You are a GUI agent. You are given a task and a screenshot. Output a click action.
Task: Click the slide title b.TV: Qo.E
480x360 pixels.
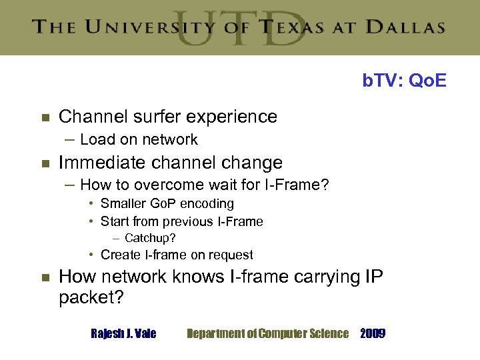coord(404,81)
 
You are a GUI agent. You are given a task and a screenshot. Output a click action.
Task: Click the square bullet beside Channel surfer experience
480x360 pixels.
coord(45,117)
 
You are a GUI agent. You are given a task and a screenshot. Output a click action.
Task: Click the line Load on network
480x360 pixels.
coord(139,139)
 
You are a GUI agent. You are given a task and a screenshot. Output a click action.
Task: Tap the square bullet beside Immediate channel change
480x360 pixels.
coord(45,163)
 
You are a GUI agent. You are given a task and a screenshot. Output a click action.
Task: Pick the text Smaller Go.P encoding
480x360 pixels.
coord(167,203)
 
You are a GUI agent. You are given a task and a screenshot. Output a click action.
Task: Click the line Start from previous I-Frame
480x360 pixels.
coord(181,221)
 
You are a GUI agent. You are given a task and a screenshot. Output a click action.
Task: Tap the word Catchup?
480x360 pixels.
coord(149,238)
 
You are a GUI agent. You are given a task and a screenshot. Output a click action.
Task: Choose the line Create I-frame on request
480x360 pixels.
coord(176,255)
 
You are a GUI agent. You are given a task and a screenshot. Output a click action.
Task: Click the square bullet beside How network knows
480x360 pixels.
coord(45,277)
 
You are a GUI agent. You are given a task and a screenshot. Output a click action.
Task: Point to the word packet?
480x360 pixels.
coord(91,297)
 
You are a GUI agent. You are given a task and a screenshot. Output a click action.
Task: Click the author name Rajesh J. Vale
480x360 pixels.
coord(123,333)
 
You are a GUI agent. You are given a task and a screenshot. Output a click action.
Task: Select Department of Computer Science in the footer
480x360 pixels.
coord(267,333)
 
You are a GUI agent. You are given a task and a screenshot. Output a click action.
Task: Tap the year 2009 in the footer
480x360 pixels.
coord(372,333)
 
